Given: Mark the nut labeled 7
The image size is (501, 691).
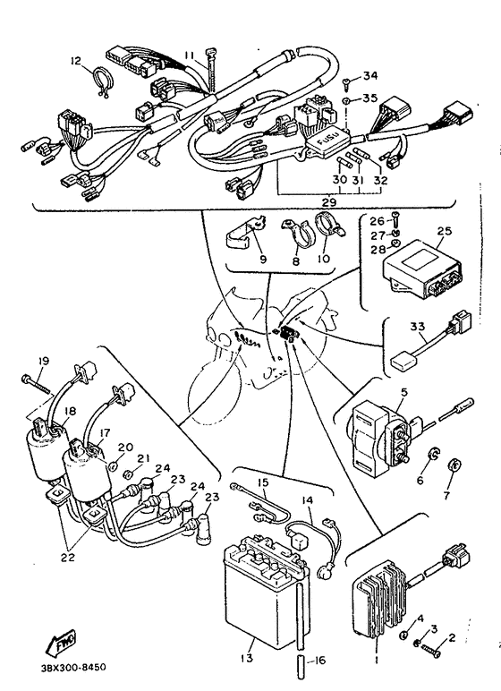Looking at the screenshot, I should pos(453,465).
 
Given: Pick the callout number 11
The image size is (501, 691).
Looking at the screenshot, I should pos(189,55).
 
